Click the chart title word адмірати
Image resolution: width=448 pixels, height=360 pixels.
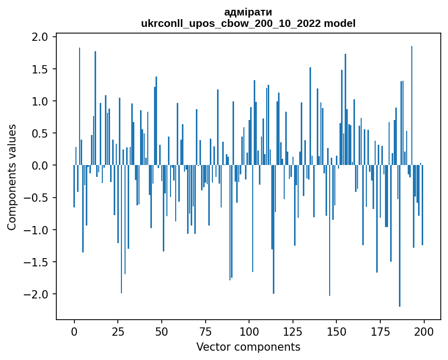pyautogui.click(x=248, y=12)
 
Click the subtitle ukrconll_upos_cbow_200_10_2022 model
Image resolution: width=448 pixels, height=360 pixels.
pyautogui.click(x=248, y=23)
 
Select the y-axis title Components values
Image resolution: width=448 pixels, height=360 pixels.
pyautogui.click(x=11, y=177)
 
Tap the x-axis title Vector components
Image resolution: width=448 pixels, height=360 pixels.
pyautogui.click(x=248, y=347)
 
